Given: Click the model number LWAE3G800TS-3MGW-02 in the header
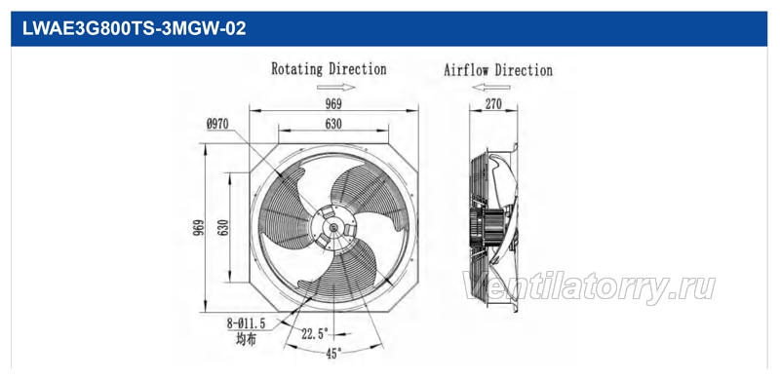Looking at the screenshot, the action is point(135,29).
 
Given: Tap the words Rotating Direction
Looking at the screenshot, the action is point(329,69).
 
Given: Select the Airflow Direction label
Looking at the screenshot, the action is point(498,69).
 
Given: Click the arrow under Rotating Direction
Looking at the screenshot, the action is point(335,88).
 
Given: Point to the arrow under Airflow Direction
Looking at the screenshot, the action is point(491,88).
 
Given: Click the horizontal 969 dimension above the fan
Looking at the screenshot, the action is point(333,104).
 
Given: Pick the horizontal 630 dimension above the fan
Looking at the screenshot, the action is point(333,124).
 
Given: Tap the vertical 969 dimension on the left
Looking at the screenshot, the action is point(199,227).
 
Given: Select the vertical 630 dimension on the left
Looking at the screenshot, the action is point(223,227).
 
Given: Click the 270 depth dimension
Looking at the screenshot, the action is point(493,104).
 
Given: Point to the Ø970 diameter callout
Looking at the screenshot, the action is point(217,124).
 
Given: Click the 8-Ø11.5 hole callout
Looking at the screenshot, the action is point(247,323).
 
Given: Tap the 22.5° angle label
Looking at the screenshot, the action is point(315,333).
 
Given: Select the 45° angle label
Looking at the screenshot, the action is point(333,354).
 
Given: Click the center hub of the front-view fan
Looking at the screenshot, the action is point(333,228).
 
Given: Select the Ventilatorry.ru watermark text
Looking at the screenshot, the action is point(589,287).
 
